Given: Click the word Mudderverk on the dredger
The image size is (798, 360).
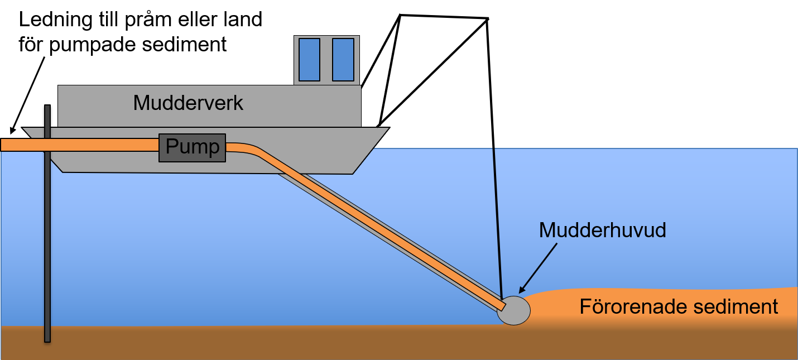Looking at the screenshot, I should (x=188, y=103).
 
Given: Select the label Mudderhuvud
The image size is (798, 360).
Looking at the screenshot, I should (x=602, y=230).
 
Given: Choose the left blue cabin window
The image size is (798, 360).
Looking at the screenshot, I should (x=309, y=60).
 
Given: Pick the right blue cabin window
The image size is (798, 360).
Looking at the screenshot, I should (x=343, y=60).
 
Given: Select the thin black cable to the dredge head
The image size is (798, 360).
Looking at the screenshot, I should (x=497, y=223).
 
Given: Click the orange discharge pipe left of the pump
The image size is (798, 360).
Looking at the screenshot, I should (x=78, y=145).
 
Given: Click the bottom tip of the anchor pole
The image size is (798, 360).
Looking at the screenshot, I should (x=47, y=340).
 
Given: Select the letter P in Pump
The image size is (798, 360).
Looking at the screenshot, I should (x=171, y=147).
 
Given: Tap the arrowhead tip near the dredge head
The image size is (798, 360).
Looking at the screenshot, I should (x=520, y=292).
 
